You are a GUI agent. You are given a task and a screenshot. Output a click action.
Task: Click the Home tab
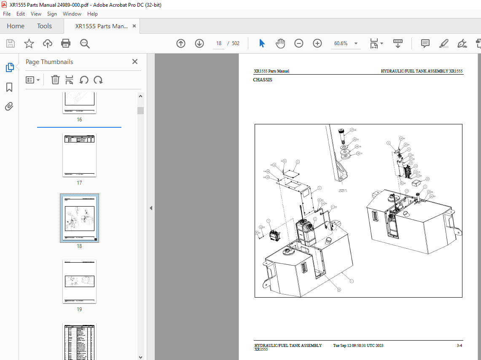[16, 26]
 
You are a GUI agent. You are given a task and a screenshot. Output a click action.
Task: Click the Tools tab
[44, 26]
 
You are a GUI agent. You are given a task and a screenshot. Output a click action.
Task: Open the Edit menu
[21, 14]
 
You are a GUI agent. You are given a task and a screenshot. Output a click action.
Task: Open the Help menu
[92, 14]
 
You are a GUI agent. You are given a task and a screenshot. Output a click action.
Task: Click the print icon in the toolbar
[66, 43]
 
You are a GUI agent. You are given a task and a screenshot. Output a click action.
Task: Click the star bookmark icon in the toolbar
[29, 43]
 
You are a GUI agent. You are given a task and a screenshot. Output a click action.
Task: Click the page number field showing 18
[219, 43]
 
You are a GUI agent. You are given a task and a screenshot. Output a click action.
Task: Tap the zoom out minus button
[299, 43]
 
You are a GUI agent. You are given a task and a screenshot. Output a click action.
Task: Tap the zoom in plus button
[317, 43]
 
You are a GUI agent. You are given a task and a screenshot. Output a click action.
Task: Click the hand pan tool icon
[280, 43]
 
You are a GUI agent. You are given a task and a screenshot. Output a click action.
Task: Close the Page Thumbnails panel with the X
[135, 62]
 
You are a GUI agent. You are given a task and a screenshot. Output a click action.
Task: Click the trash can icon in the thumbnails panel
[55, 80]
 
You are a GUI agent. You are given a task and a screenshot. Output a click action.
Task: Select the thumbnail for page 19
[79, 281]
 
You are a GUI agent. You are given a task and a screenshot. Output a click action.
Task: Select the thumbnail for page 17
[79, 155]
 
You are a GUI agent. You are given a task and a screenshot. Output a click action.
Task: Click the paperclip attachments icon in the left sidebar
[9, 106]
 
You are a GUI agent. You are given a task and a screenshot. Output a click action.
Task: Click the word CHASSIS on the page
[263, 80]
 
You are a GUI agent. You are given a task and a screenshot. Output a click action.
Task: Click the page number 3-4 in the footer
[459, 346]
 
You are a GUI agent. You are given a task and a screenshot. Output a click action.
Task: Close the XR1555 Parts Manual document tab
[134, 26]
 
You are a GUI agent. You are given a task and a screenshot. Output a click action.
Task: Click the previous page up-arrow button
[181, 43]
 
